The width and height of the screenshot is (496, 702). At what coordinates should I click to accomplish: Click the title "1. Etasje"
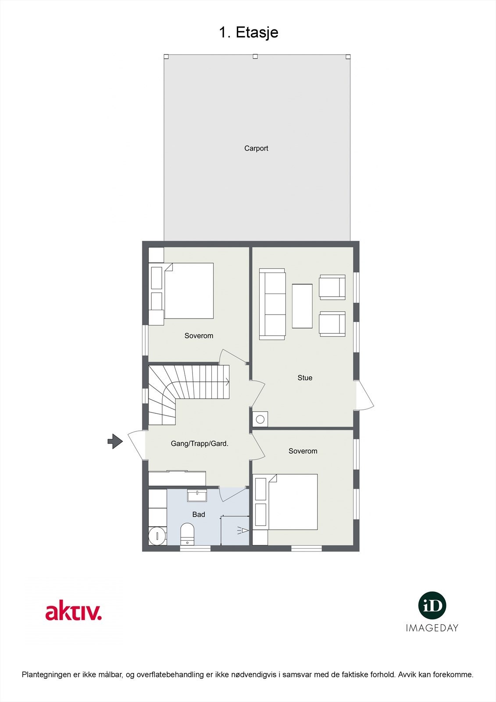click(x=248, y=32)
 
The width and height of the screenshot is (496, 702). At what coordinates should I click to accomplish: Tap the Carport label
click(x=256, y=148)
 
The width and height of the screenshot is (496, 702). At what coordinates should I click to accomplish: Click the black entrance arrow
click(x=115, y=441)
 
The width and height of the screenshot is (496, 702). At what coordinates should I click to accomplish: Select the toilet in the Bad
click(x=187, y=533)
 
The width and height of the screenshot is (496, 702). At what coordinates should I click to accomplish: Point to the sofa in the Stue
click(x=272, y=304)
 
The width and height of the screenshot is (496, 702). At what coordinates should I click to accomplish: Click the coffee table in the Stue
click(x=302, y=306)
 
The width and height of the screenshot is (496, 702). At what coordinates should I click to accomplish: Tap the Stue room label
click(x=305, y=378)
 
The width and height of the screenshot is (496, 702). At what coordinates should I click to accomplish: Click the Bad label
click(x=199, y=515)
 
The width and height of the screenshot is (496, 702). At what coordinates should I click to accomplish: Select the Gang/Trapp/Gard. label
click(x=200, y=444)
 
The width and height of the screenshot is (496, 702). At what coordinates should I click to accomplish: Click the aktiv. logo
click(x=74, y=612)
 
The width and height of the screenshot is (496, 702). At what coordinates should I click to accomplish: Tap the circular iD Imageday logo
click(x=432, y=606)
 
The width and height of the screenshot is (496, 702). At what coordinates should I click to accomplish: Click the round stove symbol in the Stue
click(x=260, y=419)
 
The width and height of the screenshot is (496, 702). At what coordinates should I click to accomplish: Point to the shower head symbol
click(x=243, y=531)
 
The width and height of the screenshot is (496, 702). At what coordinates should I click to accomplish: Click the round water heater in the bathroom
click(x=157, y=535)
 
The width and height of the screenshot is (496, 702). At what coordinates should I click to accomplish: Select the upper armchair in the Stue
click(x=332, y=287)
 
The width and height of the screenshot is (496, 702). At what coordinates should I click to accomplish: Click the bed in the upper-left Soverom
click(x=189, y=290)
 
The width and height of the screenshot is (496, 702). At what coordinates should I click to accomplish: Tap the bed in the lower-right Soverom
click(x=293, y=501)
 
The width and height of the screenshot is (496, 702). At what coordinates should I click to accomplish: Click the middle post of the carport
click(x=255, y=57)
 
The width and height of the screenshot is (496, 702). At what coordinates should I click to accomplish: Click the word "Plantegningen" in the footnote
click(x=46, y=675)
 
